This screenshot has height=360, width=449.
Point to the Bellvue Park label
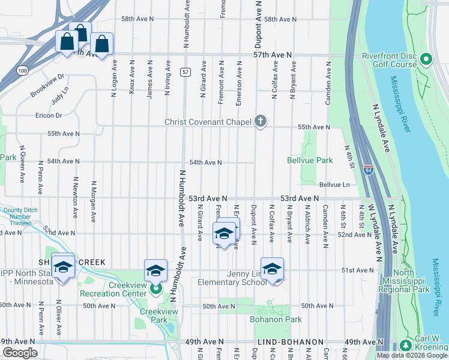pyautogui.click(x=310, y=161)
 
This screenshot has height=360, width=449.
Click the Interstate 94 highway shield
pyautogui.click(x=367, y=170)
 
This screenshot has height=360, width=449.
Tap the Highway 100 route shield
pyautogui.click(x=22, y=71)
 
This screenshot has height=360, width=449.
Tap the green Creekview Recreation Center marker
pyautogui.click(x=155, y=289)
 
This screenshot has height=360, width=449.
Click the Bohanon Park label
pyautogui.click(x=276, y=319)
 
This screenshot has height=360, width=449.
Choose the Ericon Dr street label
pyautogui.click(x=49, y=115)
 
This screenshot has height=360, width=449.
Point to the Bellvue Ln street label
pyautogui.click(x=334, y=185)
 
